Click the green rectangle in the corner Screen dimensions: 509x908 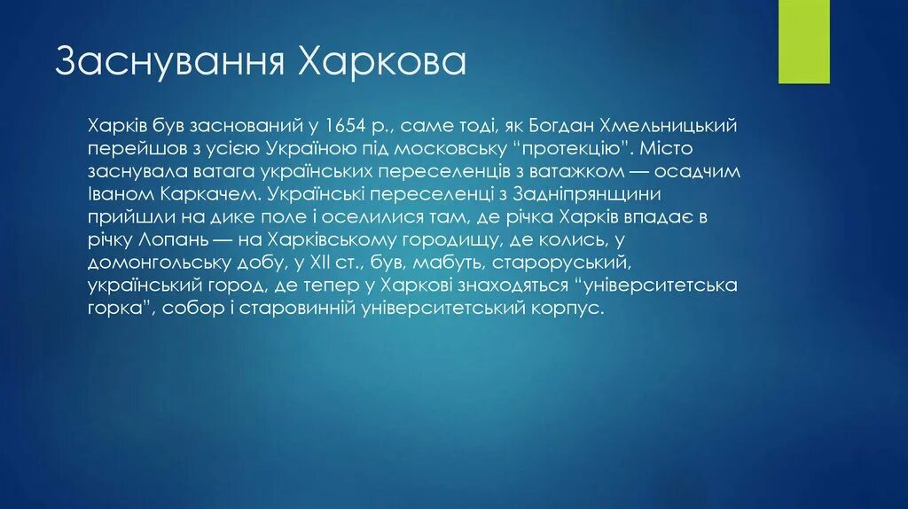803,41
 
